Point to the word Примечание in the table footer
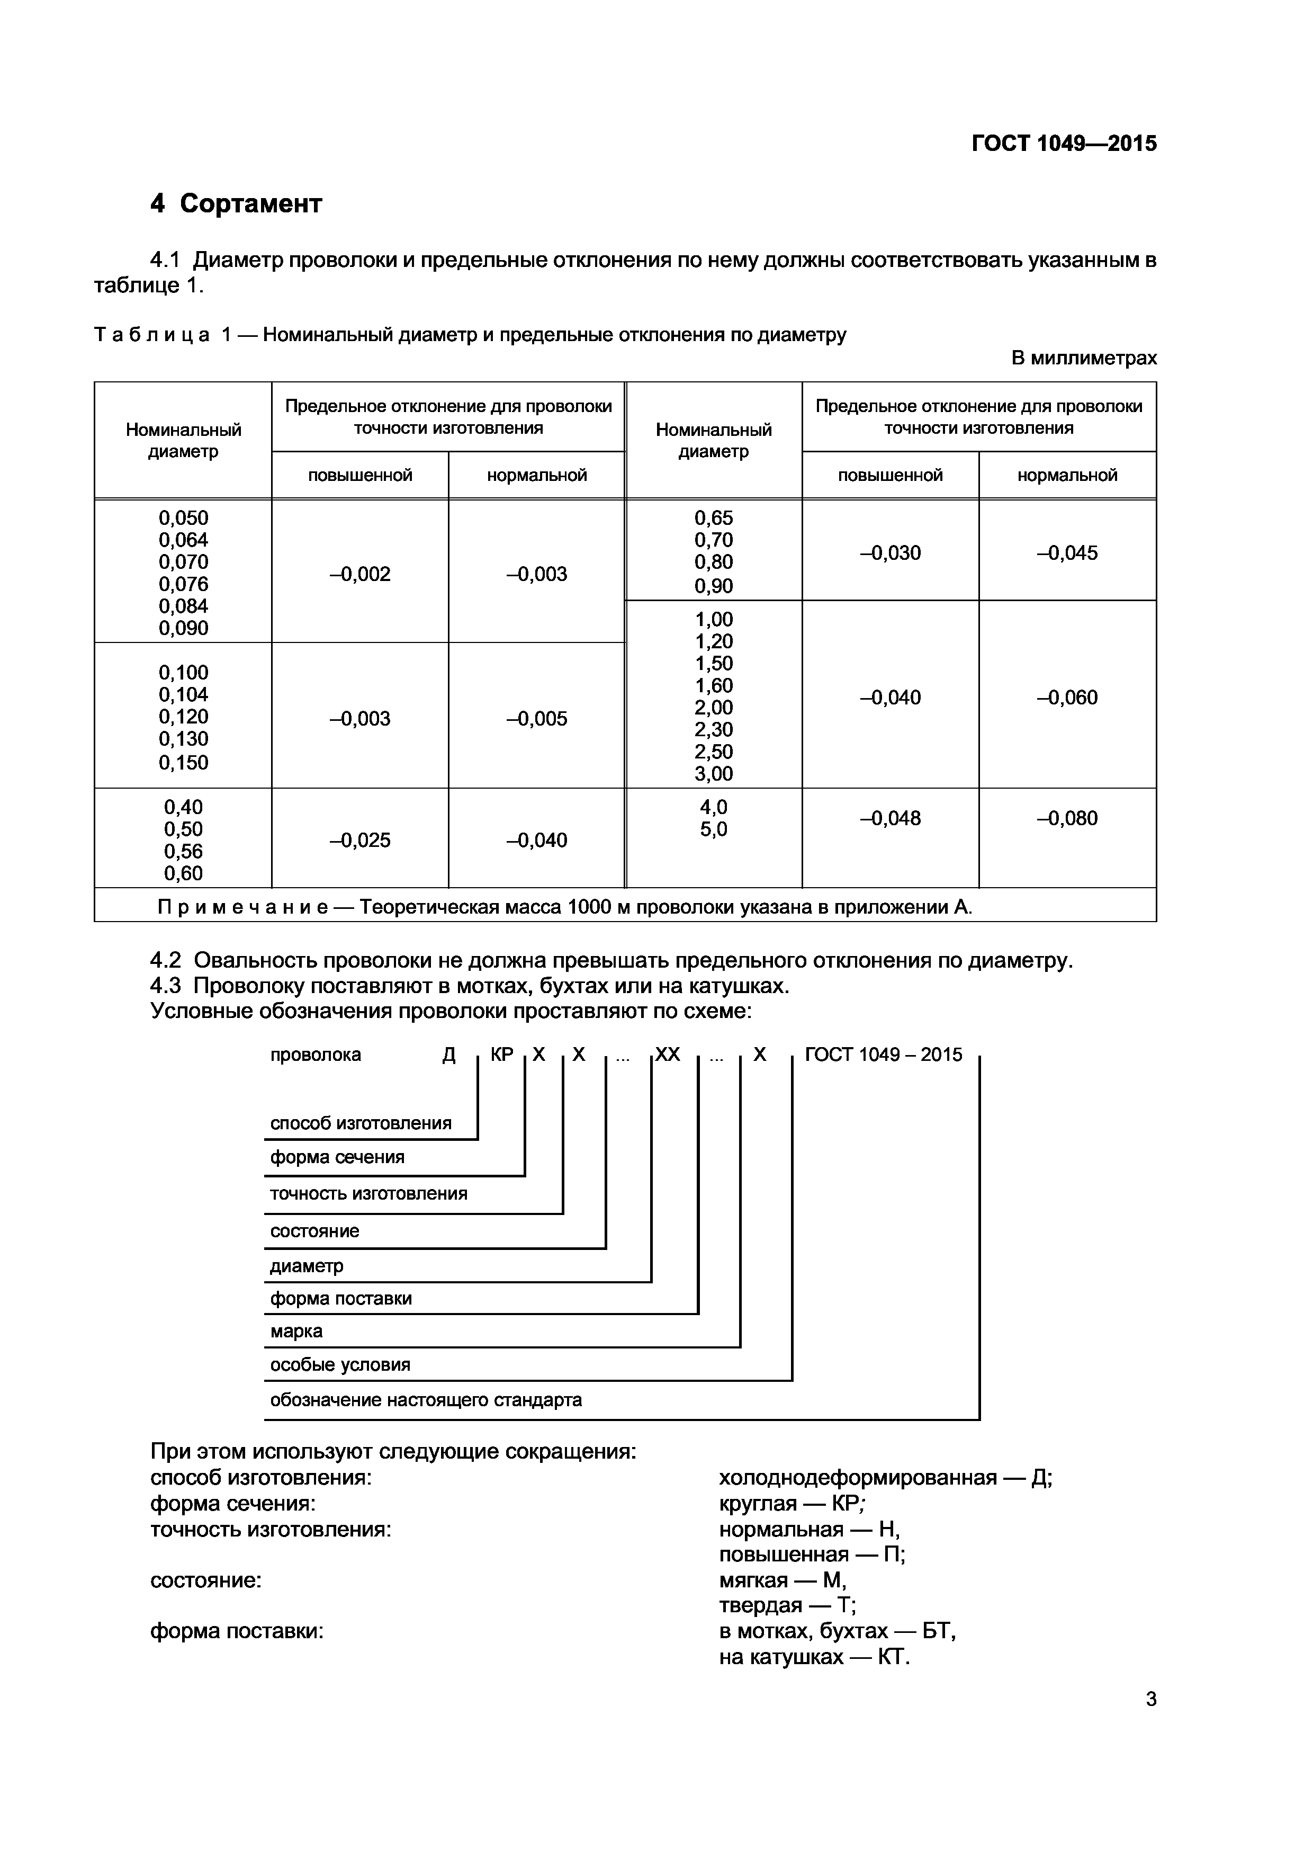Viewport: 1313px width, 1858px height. coord(242,907)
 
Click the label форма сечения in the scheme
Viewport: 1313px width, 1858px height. coord(337,1157)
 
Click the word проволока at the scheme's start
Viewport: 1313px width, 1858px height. coord(316,1055)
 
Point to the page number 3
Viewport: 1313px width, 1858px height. coord(1150,1700)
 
